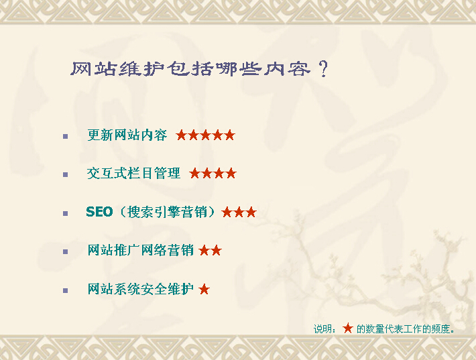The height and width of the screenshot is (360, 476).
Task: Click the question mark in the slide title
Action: pos(323,69)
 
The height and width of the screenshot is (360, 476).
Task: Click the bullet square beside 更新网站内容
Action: pos(65,136)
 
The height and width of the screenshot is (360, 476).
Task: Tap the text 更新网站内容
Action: pos(127,135)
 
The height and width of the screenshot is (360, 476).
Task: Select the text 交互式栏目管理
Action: pos(133,174)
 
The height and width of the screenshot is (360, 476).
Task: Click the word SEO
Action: pos(99,212)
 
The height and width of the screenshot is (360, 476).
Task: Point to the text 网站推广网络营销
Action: pos(140,251)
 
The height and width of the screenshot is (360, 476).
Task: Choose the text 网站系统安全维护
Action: pos(140,290)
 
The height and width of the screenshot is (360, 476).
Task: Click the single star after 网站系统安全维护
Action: pos(204,290)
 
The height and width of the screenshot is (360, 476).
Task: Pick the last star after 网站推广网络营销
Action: pos(216,251)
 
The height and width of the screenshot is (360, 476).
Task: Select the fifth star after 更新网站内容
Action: pos(229,135)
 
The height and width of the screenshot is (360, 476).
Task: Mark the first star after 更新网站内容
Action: pos(182,135)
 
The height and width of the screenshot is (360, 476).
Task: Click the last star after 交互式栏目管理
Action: pos(231,174)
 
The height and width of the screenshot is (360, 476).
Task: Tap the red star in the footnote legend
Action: pos(347,328)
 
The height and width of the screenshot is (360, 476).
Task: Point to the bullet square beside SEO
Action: pos(65,213)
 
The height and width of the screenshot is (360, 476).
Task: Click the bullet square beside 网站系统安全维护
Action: pos(65,291)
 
